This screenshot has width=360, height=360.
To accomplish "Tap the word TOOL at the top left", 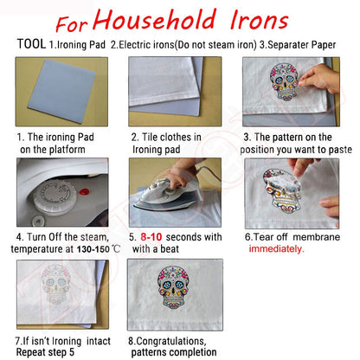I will [30, 43].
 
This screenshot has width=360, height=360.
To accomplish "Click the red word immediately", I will [276, 248].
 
